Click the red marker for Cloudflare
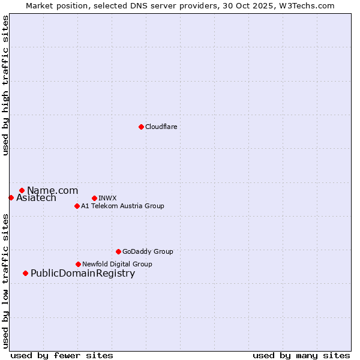(x=141, y=127)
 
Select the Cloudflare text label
(x=161, y=127)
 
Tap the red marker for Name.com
(x=22, y=190)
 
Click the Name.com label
(x=52, y=190)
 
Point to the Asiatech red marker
(x=11, y=197)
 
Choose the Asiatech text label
(x=36, y=197)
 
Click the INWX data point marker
(x=94, y=198)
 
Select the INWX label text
(x=107, y=198)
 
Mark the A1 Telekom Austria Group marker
(x=77, y=206)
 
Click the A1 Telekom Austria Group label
(x=122, y=206)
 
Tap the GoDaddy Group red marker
(x=118, y=251)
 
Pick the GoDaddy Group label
(x=147, y=251)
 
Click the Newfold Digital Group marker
(x=79, y=264)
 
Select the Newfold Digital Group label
(x=117, y=264)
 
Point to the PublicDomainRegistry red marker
(x=25, y=274)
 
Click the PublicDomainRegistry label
(x=83, y=274)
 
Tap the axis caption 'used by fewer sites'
(x=62, y=355)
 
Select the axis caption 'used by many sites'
(x=301, y=355)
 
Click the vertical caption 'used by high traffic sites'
(x=5, y=86)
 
